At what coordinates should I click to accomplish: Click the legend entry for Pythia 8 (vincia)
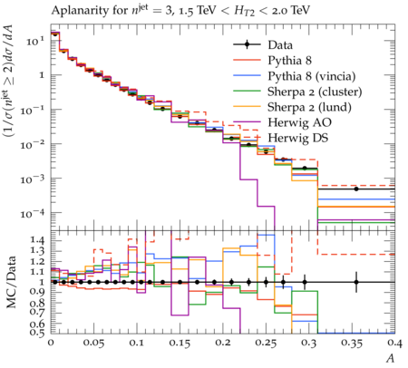click(x=312, y=76)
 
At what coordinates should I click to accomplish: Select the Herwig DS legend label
click(x=298, y=138)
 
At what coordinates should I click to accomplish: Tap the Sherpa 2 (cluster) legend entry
click(x=315, y=92)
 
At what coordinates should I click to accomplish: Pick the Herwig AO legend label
click(x=299, y=122)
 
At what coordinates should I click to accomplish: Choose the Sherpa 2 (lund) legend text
click(x=309, y=107)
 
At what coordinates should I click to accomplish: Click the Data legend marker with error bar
click(x=247, y=44)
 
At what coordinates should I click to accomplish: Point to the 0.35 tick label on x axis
click(x=352, y=344)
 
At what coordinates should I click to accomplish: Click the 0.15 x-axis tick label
click(x=180, y=344)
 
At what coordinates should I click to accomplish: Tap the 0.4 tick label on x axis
click(x=395, y=344)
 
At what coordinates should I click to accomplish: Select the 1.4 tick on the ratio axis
click(x=37, y=240)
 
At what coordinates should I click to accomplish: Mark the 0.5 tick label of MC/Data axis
click(x=37, y=333)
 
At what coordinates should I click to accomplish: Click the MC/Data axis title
click(x=11, y=282)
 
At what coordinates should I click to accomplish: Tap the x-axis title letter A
click(x=391, y=358)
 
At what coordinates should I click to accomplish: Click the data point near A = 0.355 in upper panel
click(x=356, y=189)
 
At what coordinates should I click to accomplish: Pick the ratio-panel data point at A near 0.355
click(x=356, y=282)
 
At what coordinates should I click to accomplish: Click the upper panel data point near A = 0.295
click(x=305, y=168)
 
